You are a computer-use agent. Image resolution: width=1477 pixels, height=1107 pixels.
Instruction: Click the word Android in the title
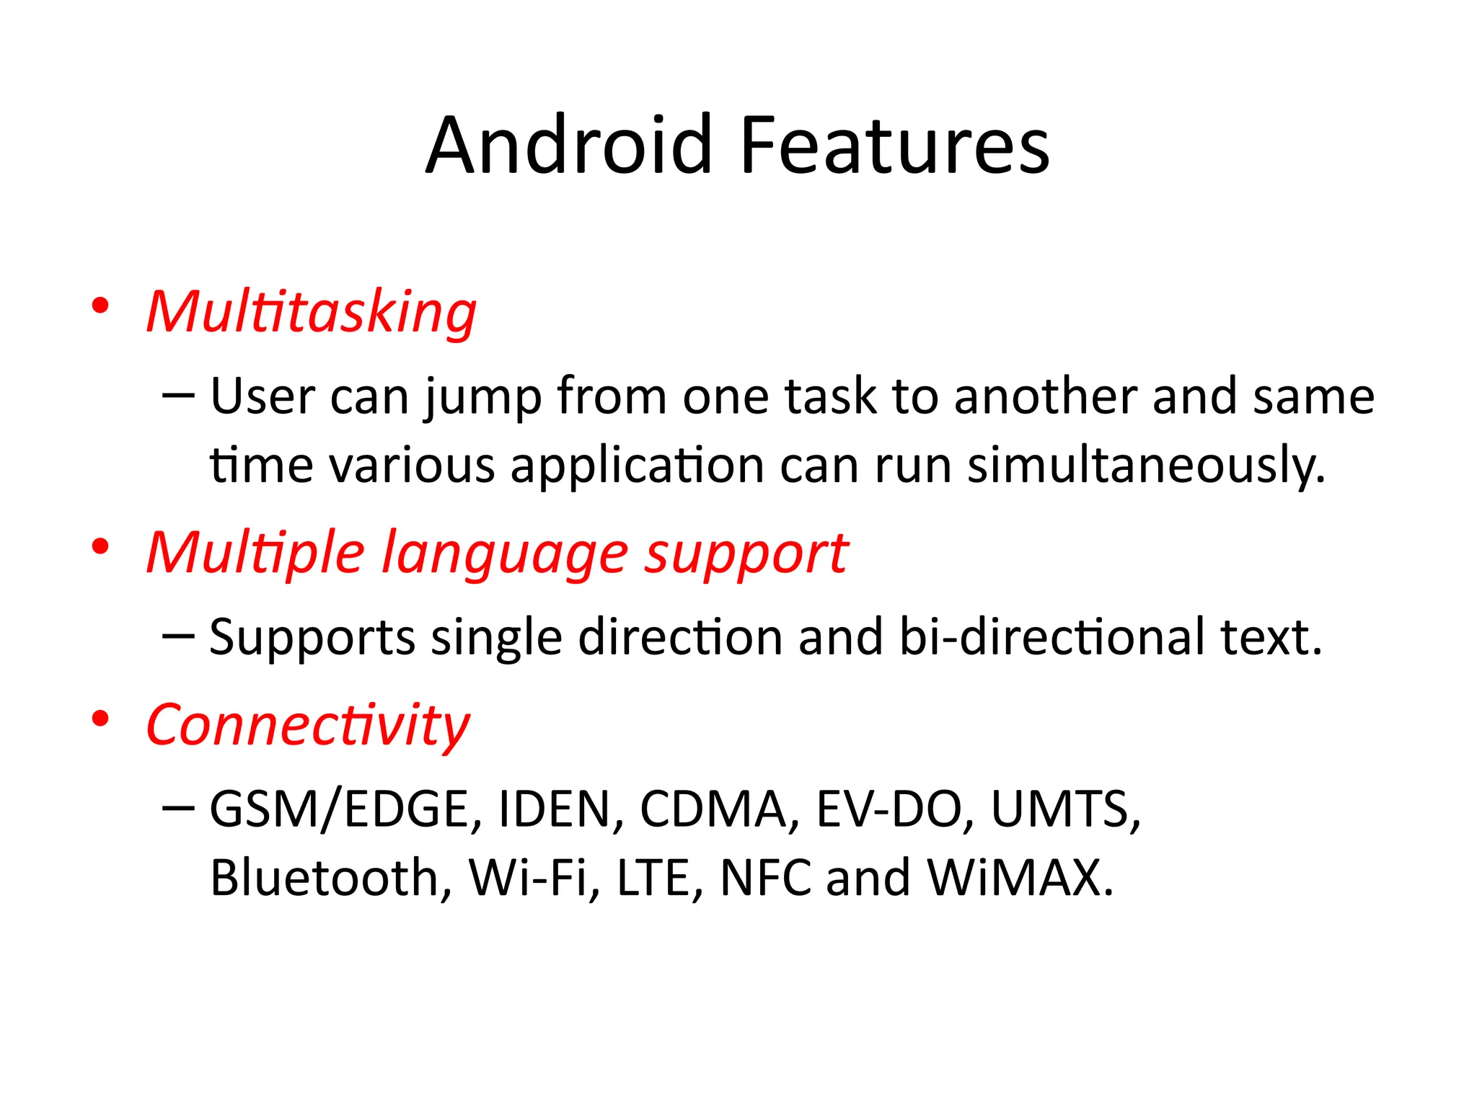point(569,146)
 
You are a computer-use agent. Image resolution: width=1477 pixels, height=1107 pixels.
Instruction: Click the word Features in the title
point(894,146)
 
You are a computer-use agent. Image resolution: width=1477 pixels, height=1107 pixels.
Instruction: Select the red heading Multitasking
point(311,312)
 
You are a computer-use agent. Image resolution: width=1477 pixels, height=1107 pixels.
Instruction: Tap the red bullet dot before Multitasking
point(100,306)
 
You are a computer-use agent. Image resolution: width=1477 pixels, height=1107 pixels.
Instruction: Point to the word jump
point(482,398)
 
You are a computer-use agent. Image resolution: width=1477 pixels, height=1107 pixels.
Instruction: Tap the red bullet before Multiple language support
point(100,547)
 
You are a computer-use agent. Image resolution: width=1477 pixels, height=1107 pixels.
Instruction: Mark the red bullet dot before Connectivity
point(100,719)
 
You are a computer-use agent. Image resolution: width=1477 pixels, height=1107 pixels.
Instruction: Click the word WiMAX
point(1020,878)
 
